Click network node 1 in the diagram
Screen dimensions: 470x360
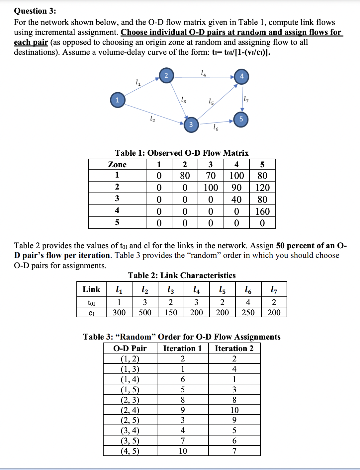pos(118,100)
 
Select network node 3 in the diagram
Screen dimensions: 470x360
pos(191,124)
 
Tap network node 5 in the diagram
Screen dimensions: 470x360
pos(241,119)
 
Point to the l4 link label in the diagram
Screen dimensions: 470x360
pos(204,73)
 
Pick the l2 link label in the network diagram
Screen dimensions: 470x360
pos(152,119)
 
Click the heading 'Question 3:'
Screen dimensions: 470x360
pos(35,11)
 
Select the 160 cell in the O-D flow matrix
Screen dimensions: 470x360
pos(262,211)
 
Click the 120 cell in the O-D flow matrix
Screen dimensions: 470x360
pos(262,188)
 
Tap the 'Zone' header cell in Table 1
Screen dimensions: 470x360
pos(117,165)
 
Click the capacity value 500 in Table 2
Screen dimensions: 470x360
pos(145,312)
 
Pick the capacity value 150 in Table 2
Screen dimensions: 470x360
pos(171,312)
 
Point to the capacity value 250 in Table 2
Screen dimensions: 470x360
pos(248,312)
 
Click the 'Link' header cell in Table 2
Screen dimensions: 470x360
pos(91,289)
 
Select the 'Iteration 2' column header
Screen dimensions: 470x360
pos(234,348)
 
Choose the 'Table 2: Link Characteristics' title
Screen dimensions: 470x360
pos(182,275)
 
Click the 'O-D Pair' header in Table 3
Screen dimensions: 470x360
pos(130,348)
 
